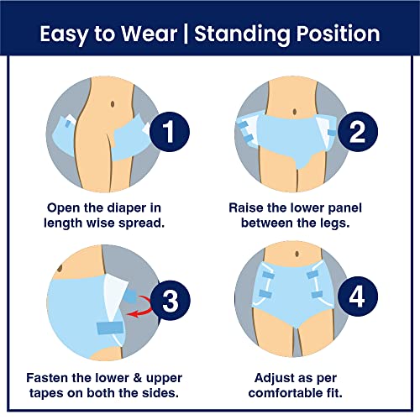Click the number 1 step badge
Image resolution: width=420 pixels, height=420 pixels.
click(170, 132)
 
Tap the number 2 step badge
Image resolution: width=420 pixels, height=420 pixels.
click(358, 132)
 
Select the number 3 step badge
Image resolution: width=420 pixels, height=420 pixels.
click(171, 301)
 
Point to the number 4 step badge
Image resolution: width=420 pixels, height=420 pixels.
click(358, 297)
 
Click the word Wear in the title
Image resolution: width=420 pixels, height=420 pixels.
click(150, 34)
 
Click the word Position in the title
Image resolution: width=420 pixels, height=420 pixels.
click(338, 34)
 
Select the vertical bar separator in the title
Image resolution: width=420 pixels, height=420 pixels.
click(186, 34)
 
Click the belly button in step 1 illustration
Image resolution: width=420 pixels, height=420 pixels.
click(113, 104)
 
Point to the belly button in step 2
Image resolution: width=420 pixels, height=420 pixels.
click(295, 112)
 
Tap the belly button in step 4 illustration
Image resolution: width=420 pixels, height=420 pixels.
click(297, 254)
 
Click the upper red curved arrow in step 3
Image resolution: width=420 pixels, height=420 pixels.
click(145, 300)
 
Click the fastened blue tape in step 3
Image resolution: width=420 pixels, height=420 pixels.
click(110, 328)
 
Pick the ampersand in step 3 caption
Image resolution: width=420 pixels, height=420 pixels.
click(137, 378)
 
